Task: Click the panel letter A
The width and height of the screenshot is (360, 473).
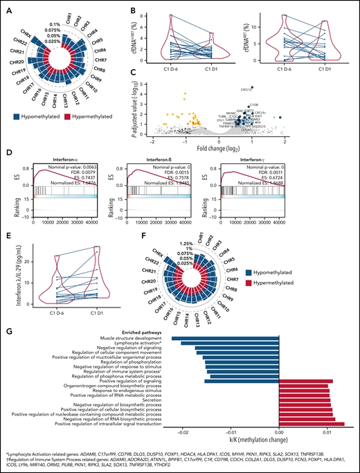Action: tap(6, 6)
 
